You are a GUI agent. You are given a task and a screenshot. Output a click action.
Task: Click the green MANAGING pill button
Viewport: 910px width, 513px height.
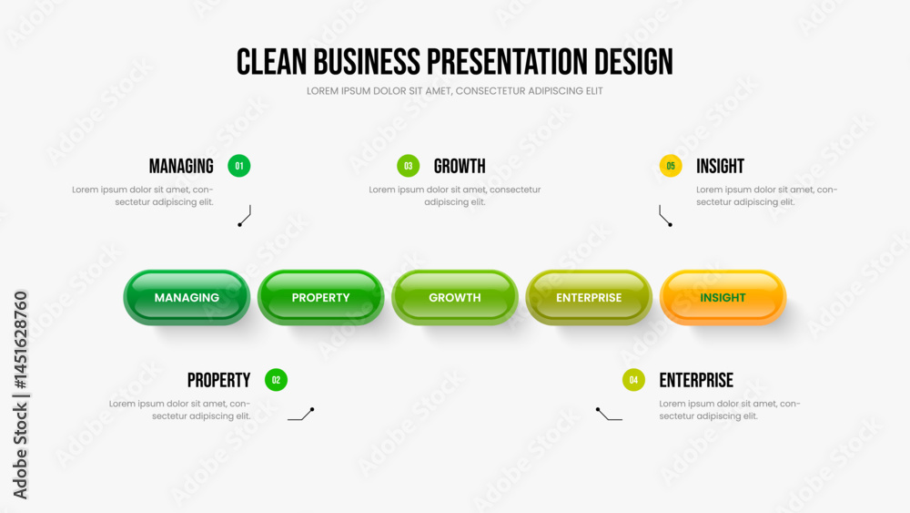[x=187, y=297]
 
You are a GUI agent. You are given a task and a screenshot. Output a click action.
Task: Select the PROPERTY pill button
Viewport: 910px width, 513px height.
[x=321, y=297]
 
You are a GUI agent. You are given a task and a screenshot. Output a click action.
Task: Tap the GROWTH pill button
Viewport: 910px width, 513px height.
[x=455, y=297]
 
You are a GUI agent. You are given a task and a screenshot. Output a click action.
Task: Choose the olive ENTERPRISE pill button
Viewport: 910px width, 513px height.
[x=589, y=297]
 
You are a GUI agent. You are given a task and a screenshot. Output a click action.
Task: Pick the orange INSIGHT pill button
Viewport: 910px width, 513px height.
[x=723, y=297]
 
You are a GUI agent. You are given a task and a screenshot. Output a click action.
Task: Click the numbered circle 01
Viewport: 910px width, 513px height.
[x=239, y=166]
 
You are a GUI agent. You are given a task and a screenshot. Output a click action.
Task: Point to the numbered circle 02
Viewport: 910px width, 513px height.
[x=277, y=380]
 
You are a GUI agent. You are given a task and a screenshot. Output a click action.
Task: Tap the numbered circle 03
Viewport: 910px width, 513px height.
[x=409, y=166]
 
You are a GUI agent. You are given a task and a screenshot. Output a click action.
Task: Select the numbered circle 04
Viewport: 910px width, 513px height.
[x=633, y=380]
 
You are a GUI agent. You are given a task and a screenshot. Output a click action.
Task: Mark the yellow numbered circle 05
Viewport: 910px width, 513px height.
[x=671, y=166]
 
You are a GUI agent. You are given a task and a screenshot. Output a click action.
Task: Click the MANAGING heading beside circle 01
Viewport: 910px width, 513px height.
[x=181, y=166]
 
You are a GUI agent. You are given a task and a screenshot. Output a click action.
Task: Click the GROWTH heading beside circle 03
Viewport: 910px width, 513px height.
[x=460, y=166]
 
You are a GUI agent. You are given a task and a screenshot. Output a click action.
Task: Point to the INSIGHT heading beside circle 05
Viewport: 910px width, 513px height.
[x=720, y=166]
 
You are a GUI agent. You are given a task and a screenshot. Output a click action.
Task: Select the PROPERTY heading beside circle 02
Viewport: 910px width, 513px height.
[x=218, y=380]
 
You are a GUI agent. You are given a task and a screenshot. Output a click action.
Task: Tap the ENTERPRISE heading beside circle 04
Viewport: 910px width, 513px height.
[x=696, y=380]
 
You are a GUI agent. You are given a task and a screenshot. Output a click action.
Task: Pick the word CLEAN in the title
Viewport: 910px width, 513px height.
[x=271, y=62]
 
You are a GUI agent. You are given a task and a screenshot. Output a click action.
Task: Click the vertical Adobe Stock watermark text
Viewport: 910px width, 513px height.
[x=20, y=395]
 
